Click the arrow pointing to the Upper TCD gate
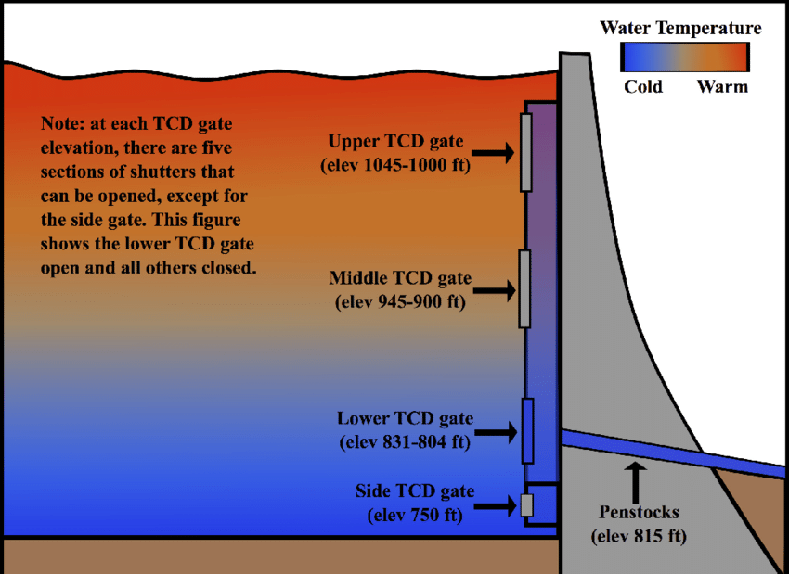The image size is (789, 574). [x=493, y=153]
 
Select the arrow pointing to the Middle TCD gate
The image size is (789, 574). [x=495, y=290]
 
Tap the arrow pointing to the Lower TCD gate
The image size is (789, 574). [x=496, y=432]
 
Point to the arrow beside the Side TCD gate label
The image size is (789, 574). [x=496, y=505]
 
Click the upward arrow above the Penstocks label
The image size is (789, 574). [x=636, y=482]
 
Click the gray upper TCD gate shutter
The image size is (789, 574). [x=525, y=152]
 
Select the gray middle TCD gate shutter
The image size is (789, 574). [x=524, y=289]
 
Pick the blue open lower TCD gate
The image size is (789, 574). [x=527, y=431]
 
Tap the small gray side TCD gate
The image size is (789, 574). [x=527, y=505]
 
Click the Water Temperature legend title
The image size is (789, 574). [x=680, y=28]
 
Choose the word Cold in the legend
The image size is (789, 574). [x=643, y=87]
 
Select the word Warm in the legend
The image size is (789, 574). [x=722, y=87]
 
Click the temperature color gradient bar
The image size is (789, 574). [x=685, y=57]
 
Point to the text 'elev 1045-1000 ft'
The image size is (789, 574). [x=395, y=165]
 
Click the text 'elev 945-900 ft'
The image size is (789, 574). [x=401, y=301]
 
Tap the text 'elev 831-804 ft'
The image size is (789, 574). [x=405, y=442]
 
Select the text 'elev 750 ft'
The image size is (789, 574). [x=415, y=516]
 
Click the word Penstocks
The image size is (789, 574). [x=639, y=512]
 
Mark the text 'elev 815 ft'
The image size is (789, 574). [x=639, y=536]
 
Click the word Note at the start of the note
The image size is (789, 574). [x=62, y=123]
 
